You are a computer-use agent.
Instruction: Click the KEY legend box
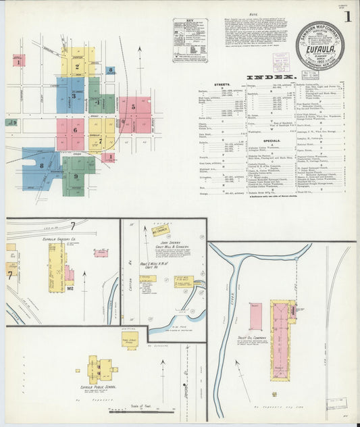[x=190, y=40]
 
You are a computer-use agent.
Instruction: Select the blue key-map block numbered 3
[x=70, y=96]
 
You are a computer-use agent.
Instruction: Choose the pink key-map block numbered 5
[x=134, y=106]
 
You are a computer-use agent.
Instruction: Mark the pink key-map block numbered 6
[x=70, y=129]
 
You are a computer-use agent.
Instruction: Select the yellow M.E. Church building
[x=159, y=231]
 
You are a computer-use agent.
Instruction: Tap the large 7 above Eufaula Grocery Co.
[x=72, y=225]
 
